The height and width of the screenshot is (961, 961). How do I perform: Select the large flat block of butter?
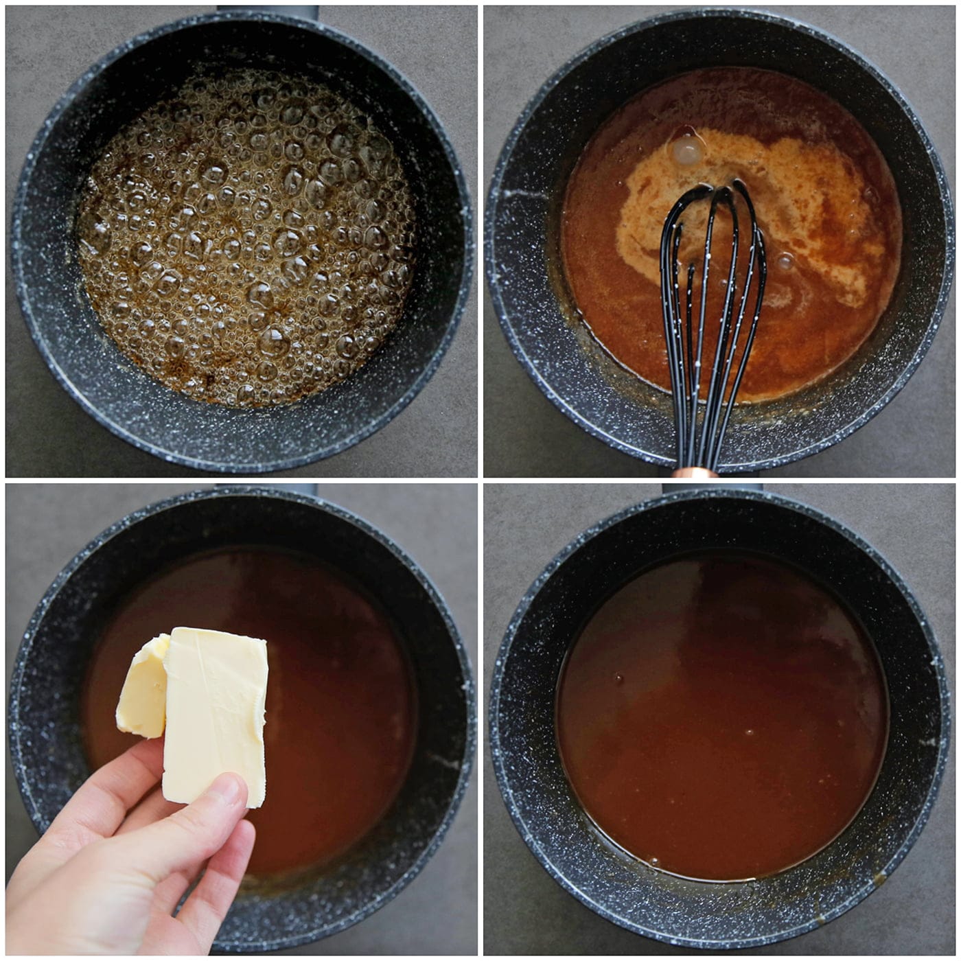pyautogui.click(x=214, y=714)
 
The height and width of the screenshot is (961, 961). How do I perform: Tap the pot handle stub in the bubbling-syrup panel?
pyautogui.click(x=268, y=11)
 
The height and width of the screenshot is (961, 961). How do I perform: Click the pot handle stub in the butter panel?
pyautogui.click(x=268, y=489)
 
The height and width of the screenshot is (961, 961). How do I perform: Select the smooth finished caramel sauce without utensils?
pyautogui.click(x=721, y=721)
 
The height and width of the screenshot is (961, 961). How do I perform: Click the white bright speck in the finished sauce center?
pyautogui.click(x=749, y=732)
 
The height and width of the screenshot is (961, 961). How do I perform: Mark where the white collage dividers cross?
pyautogui.click(x=480, y=480)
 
